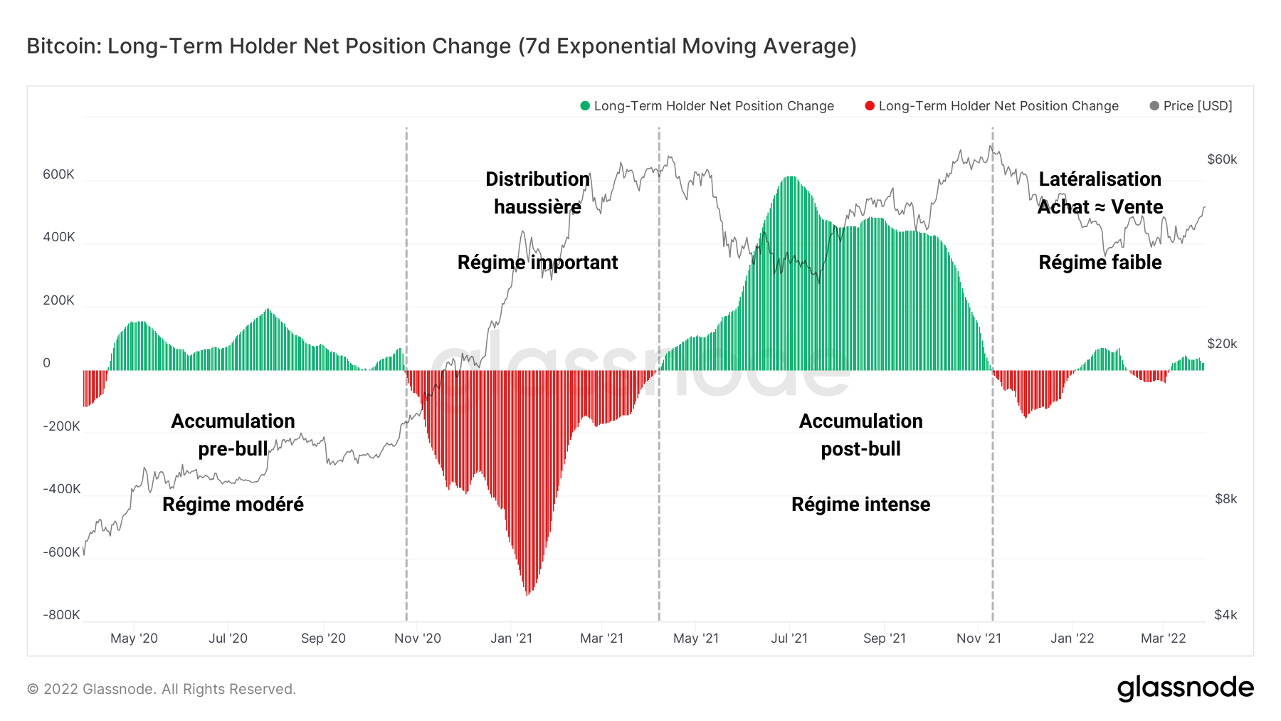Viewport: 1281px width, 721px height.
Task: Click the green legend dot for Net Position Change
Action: pyautogui.click(x=585, y=106)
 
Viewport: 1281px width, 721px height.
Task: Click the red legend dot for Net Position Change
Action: pyautogui.click(x=870, y=106)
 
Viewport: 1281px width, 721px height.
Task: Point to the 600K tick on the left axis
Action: pyautogui.click(x=58, y=174)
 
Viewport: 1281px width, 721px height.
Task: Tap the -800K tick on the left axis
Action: pyautogui.click(x=61, y=615)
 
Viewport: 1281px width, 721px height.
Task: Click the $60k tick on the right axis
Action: pyautogui.click(x=1222, y=159)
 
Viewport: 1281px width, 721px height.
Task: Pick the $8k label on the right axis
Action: pyautogui.click(x=1225, y=499)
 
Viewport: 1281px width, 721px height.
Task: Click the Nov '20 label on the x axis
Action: pyautogui.click(x=418, y=638)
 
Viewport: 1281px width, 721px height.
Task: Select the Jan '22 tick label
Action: pyautogui.click(x=1072, y=638)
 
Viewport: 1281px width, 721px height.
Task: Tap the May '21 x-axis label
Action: pyautogui.click(x=696, y=638)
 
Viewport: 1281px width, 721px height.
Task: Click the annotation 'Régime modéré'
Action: pyautogui.click(x=233, y=505)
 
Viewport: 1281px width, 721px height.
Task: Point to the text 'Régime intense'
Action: pyautogui.click(x=860, y=505)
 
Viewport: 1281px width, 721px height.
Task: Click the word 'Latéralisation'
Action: pyautogui.click(x=1100, y=179)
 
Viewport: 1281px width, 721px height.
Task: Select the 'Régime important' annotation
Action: pyautogui.click(x=537, y=263)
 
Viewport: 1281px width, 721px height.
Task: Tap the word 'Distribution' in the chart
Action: pyautogui.click(x=537, y=179)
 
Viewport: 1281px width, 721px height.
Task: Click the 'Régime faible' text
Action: pyautogui.click(x=1100, y=263)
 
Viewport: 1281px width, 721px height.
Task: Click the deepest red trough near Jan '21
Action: pyautogui.click(x=527, y=594)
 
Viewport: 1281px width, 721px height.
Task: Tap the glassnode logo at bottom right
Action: pyautogui.click(x=1185, y=688)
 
